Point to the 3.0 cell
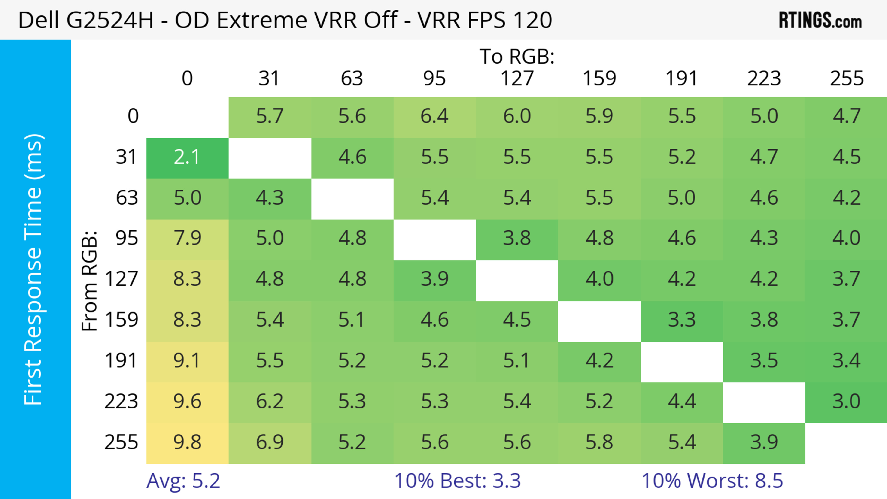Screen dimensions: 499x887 pyautogui.click(x=846, y=401)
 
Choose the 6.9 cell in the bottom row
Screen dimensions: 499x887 pyautogui.click(x=270, y=442)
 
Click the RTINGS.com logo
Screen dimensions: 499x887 pyautogui.click(x=820, y=21)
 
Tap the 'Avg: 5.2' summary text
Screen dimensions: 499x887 pyautogui.click(x=183, y=481)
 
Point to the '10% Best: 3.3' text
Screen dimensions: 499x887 pyautogui.click(x=457, y=481)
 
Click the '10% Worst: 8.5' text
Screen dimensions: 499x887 pyautogui.click(x=712, y=481)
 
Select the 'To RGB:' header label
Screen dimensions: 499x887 pyautogui.click(x=517, y=56)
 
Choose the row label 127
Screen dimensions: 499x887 pyautogui.click(x=122, y=279)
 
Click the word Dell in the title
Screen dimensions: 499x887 pyautogui.click(x=39, y=20)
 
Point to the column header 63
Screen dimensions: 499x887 pyautogui.click(x=352, y=79)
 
